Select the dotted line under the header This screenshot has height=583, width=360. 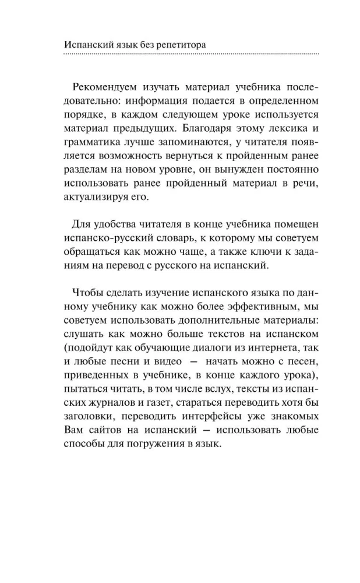[x=190, y=54]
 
